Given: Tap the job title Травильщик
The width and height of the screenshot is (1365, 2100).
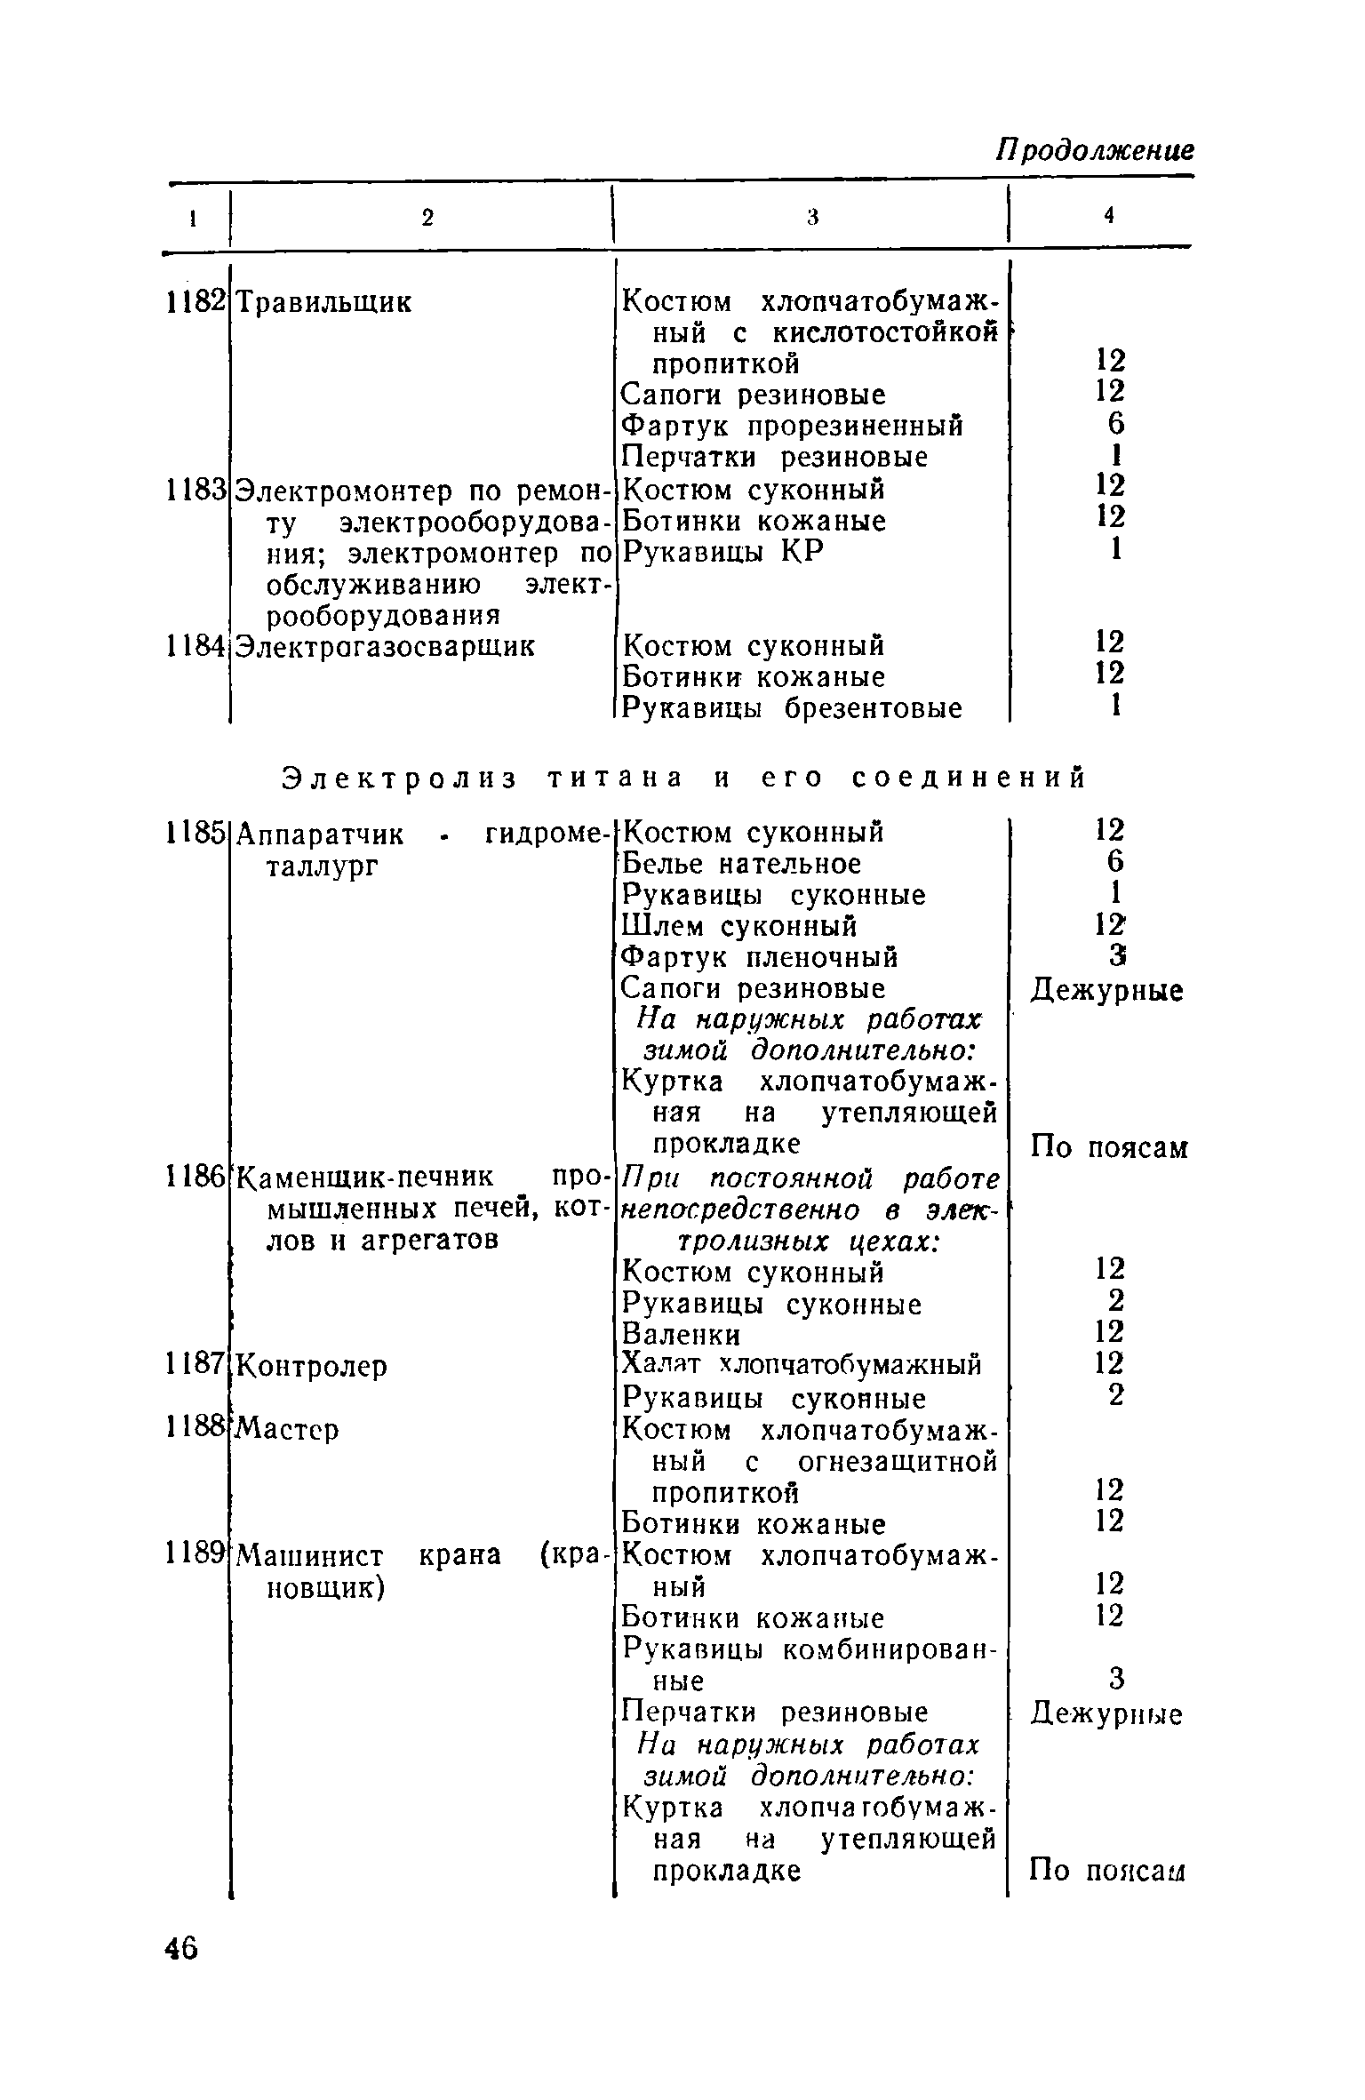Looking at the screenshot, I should pyautogui.click(x=323, y=303).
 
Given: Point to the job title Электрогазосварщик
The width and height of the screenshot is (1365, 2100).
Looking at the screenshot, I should pyautogui.click(x=385, y=645).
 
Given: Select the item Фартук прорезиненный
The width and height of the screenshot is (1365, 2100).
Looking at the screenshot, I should pyautogui.click(x=792, y=427).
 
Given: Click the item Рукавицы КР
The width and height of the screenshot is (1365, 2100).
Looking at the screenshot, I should pyautogui.click(x=722, y=552).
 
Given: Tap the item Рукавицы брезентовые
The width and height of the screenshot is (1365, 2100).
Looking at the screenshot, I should pyautogui.click(x=792, y=708).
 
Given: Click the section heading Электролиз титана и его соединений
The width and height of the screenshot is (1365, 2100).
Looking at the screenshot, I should pyautogui.click(x=683, y=778).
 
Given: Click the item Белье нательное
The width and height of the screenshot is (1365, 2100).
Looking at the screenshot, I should pyautogui.click(x=741, y=864).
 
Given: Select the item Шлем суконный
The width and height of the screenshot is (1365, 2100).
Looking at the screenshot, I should pyautogui.click(x=739, y=927).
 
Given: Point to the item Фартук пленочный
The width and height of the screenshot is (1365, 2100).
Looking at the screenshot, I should pyautogui.click(x=760, y=958).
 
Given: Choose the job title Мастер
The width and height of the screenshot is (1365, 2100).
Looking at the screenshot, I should pyautogui.click(x=289, y=1429).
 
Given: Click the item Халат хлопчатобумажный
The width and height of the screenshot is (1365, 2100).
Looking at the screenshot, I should pyautogui.click(x=801, y=1365).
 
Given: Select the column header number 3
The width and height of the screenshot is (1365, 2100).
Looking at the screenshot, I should pyautogui.click(x=810, y=218).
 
